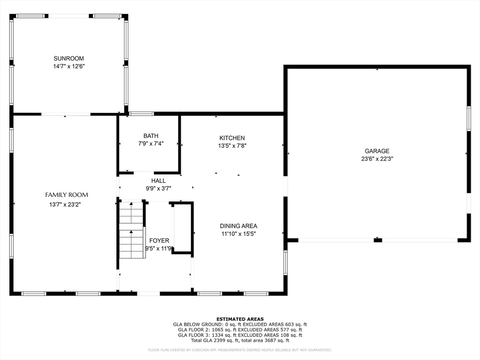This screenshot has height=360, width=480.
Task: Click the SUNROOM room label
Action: tap(68, 59)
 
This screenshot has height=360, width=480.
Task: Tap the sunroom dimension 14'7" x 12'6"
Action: tap(68, 67)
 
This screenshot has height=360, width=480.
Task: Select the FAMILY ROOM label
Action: tap(67, 195)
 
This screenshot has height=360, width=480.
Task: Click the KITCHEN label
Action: tap(232, 138)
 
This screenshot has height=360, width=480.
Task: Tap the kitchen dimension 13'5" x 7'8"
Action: tap(232, 146)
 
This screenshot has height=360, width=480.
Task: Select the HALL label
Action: tap(158, 180)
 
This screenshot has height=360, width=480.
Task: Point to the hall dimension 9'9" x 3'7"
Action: tap(158, 188)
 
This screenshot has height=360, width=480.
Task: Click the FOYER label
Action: tap(159, 240)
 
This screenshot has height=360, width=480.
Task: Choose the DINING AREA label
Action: tap(239, 225)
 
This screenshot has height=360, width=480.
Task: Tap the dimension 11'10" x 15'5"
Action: tap(239, 233)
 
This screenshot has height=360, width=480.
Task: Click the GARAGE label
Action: tap(377, 151)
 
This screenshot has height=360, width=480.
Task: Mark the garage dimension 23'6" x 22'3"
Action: tap(377, 159)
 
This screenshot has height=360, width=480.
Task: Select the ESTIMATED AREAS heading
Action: tap(240, 319)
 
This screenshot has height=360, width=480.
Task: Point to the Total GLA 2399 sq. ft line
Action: tap(240, 340)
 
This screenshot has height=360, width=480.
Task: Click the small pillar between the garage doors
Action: tap(378, 240)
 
